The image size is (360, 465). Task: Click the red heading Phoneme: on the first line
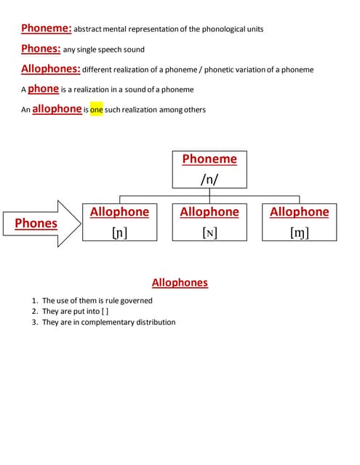click(47, 28)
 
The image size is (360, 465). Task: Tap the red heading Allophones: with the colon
click(50, 69)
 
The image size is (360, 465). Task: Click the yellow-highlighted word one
click(97, 110)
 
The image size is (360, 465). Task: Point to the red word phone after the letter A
click(43, 89)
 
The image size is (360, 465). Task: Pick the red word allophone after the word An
click(57, 109)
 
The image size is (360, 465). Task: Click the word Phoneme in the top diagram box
click(209, 159)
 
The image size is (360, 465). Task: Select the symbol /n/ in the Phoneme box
click(209, 178)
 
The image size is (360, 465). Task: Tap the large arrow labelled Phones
click(40, 223)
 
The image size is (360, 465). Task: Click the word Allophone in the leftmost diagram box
click(119, 212)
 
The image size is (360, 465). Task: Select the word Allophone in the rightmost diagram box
click(299, 212)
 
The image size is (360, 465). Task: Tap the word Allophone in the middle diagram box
click(209, 212)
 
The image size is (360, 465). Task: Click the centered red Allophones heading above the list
click(180, 283)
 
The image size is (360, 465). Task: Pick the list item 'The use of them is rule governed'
click(97, 300)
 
